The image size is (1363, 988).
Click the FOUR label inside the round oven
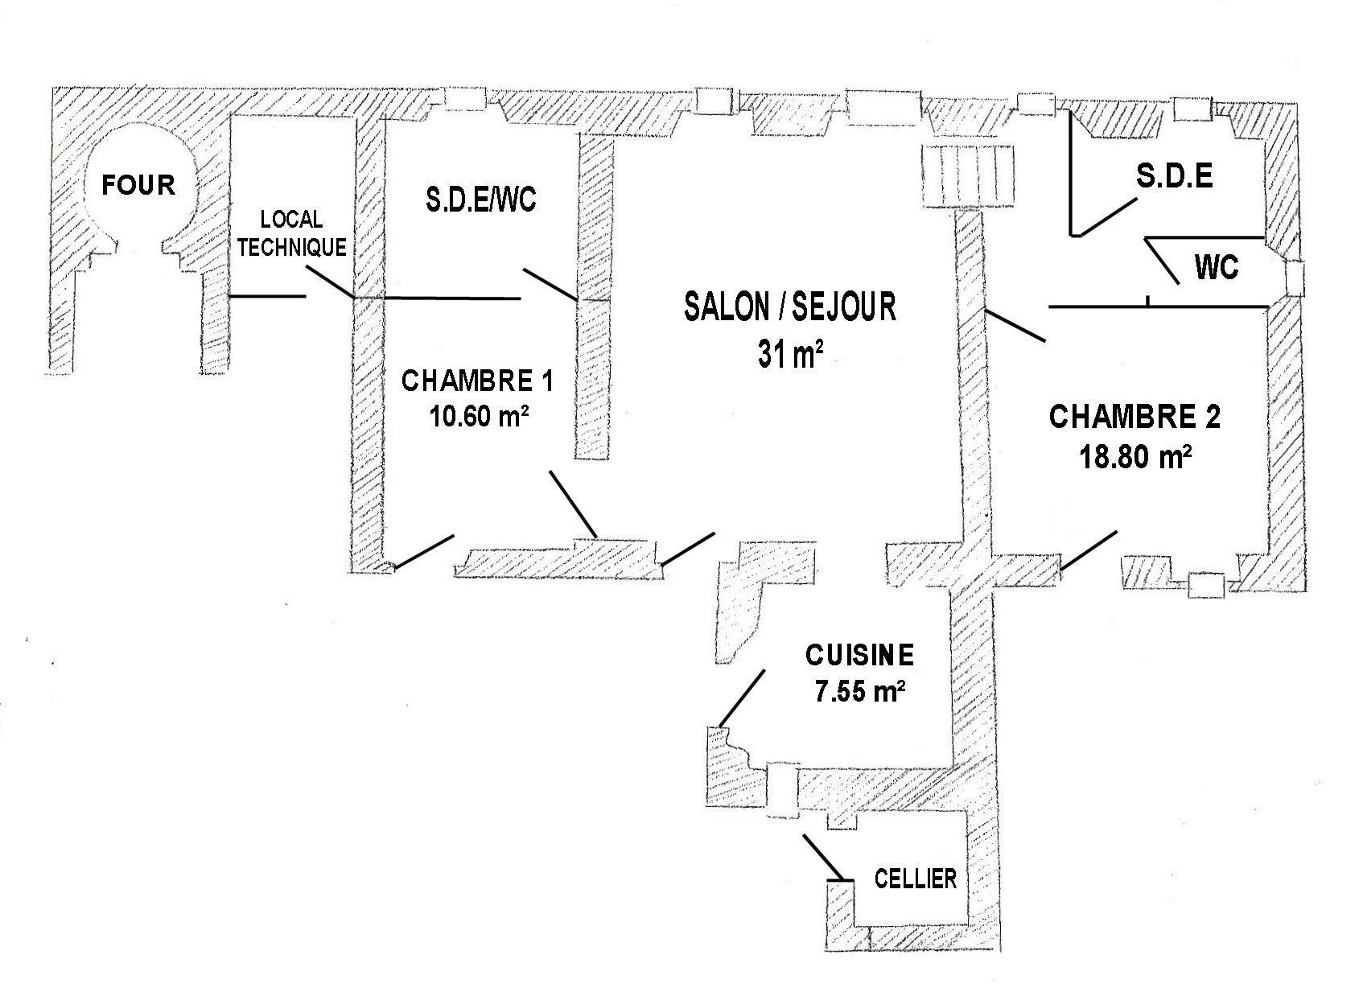(138, 185)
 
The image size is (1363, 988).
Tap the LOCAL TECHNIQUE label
(291, 233)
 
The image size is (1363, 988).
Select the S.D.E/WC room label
(481, 200)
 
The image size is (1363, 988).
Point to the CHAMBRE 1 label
(477, 381)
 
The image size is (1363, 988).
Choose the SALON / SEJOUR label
(789, 307)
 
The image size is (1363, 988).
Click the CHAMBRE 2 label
(1134, 417)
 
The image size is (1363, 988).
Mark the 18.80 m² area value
(1134, 456)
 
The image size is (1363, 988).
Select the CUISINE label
(859, 655)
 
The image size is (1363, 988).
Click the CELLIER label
(916, 879)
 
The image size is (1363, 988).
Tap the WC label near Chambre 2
(1216, 267)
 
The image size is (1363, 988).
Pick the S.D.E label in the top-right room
(1174, 177)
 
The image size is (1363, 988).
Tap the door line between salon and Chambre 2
(1015, 326)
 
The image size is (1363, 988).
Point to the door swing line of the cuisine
(741, 698)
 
